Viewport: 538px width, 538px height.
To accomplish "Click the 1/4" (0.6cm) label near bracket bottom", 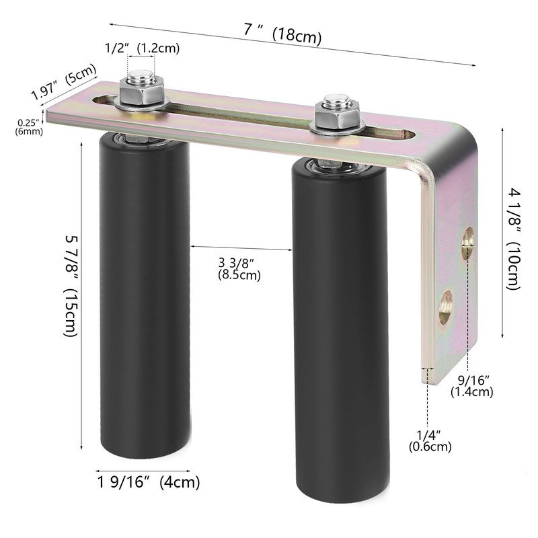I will coord(430,439).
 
